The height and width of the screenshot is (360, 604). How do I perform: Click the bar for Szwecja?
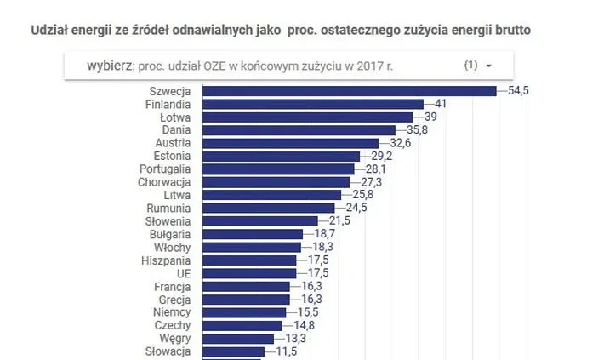(349, 91)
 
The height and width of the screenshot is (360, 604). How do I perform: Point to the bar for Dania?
(299, 130)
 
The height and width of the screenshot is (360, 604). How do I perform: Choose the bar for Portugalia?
(277, 169)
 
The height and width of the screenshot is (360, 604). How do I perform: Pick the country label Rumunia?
(169, 208)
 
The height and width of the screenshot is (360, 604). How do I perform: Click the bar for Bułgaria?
(252, 234)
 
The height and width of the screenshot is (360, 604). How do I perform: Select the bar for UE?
(248, 273)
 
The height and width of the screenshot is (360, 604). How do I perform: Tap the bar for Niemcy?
(243, 312)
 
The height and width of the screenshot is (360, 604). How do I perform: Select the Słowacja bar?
(233, 351)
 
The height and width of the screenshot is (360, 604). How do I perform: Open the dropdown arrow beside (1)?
(488, 66)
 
